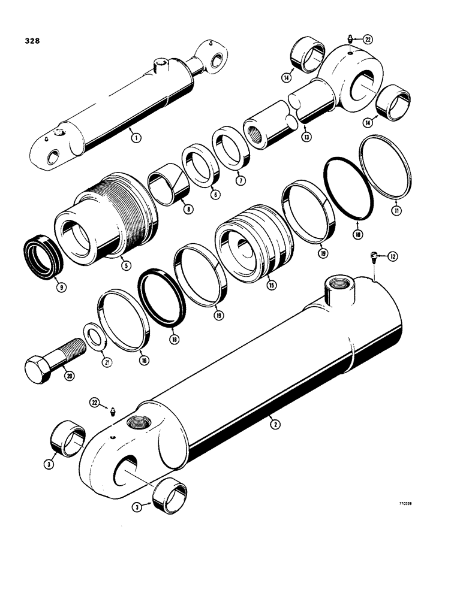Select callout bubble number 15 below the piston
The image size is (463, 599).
coord(272,286)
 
